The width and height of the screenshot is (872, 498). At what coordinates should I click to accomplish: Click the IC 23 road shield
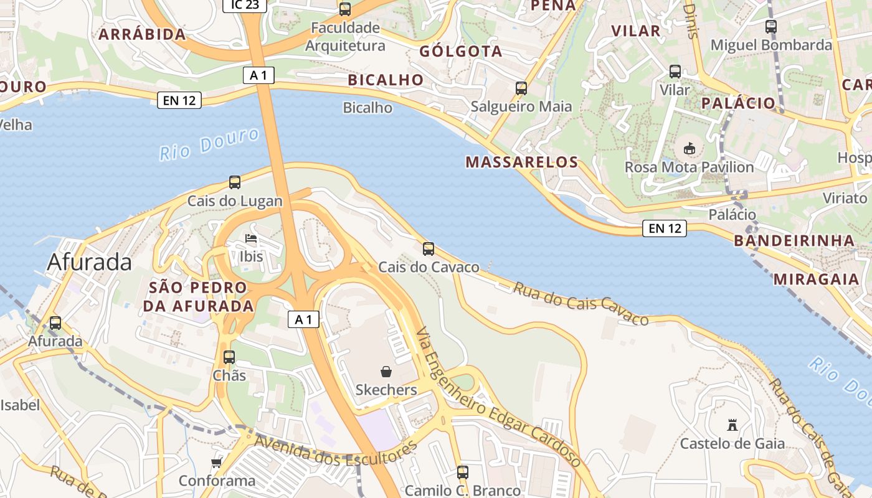click(245, 5)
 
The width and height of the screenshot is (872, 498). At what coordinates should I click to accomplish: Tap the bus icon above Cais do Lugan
click(235, 182)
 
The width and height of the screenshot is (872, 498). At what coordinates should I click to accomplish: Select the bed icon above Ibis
click(251, 239)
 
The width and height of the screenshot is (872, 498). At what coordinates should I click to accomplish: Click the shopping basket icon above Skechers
click(386, 372)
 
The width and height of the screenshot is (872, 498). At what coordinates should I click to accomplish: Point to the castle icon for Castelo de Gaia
click(732, 426)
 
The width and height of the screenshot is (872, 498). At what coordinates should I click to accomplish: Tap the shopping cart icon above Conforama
click(216, 463)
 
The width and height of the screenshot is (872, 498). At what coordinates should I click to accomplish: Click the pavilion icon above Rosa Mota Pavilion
click(690, 149)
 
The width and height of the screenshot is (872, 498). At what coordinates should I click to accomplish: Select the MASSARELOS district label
click(522, 162)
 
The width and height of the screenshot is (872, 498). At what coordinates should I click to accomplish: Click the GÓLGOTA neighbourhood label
click(461, 51)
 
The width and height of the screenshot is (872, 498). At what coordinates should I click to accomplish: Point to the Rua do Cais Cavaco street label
click(581, 303)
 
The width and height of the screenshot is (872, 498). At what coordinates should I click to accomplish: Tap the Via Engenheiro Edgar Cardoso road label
click(498, 398)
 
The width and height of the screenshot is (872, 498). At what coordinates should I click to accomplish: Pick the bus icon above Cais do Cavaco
click(429, 249)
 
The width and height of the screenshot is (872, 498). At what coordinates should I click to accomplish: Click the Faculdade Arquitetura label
click(345, 37)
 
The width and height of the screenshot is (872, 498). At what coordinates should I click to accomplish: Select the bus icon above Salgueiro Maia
click(521, 88)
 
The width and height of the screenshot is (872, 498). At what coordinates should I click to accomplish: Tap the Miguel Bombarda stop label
click(771, 45)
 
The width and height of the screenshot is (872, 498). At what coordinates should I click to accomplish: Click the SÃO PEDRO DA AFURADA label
click(199, 296)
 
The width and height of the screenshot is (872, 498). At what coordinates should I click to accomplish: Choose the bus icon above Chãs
click(229, 357)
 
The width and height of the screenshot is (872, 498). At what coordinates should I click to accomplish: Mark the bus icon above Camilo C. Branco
click(462, 472)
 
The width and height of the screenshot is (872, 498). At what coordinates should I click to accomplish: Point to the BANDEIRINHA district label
click(794, 240)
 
